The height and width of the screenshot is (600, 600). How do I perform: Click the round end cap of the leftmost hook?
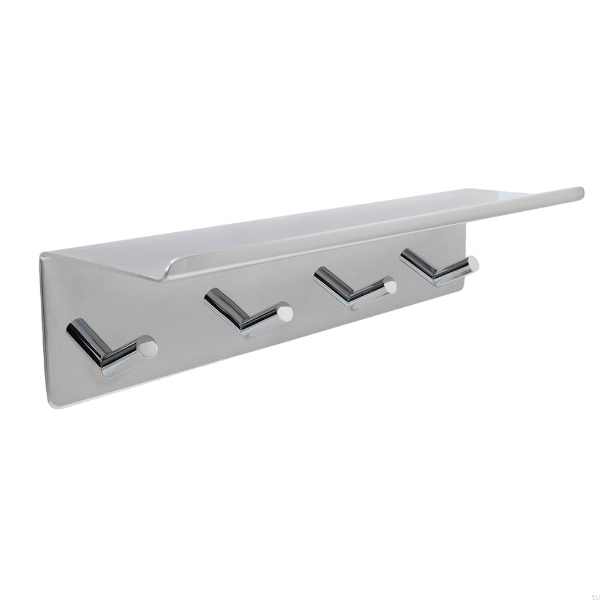(x=147, y=347)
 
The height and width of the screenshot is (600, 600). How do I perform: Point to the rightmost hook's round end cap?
(x=473, y=263)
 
